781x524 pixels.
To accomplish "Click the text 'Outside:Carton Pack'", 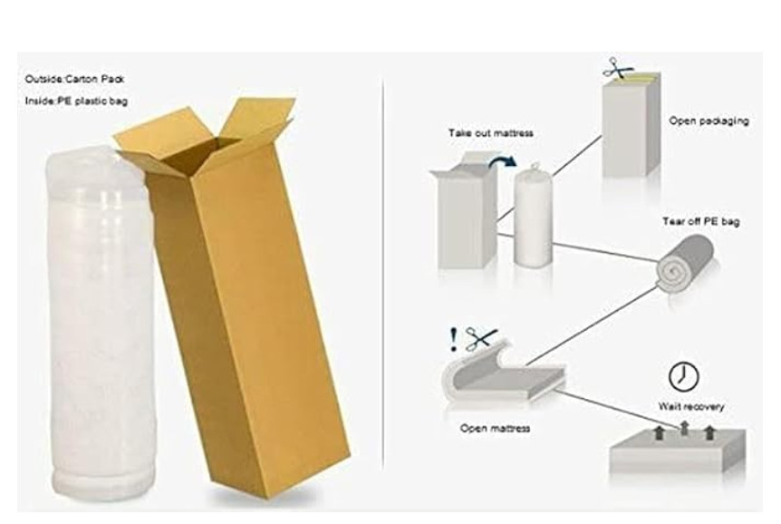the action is tap(74, 79).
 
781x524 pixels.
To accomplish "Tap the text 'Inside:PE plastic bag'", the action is tap(76, 102).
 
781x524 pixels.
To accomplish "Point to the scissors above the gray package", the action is tap(617, 67).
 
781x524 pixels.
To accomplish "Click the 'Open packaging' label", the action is tap(709, 121).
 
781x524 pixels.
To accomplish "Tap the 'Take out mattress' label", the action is tap(490, 133).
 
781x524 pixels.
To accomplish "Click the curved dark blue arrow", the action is tap(503, 160).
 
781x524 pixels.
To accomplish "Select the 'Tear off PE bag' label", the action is tap(700, 221).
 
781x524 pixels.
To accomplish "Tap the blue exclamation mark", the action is tap(453, 340).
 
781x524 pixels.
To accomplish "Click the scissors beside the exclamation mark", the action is tap(481, 339).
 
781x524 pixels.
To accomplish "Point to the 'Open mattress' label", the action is tap(495, 428).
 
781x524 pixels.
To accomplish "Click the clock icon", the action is tap(683, 376).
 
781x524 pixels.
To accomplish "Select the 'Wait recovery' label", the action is tap(690, 406).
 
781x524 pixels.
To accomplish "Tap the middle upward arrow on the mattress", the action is tap(684, 428).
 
